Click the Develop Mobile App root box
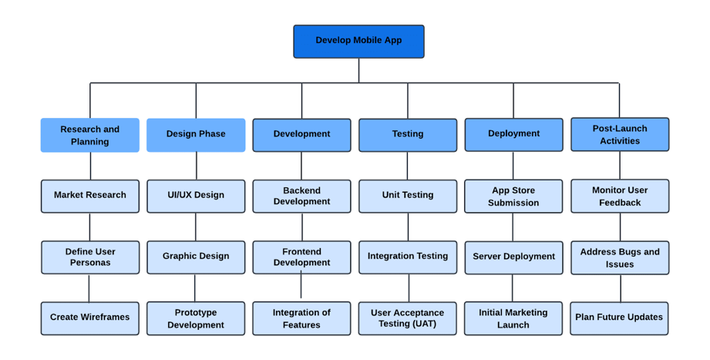tap(358, 42)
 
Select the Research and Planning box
tap(90, 135)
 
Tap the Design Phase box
tap(196, 135)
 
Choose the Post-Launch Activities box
tap(620, 135)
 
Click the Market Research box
tap(90, 196)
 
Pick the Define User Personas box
tap(90, 257)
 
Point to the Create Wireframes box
tap(90, 318)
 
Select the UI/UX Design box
tap(196, 196)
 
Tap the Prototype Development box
tap(196, 318)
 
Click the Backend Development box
tap(301, 196)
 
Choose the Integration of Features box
tap(301, 318)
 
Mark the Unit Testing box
tap(408, 196)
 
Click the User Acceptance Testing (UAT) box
tap(407, 318)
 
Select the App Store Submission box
tap(513, 197)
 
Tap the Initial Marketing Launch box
tap(513, 318)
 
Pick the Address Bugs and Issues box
tap(620, 257)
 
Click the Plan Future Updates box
tap(619, 318)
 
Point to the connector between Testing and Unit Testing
tap(408, 166)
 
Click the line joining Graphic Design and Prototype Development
tap(195, 288)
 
